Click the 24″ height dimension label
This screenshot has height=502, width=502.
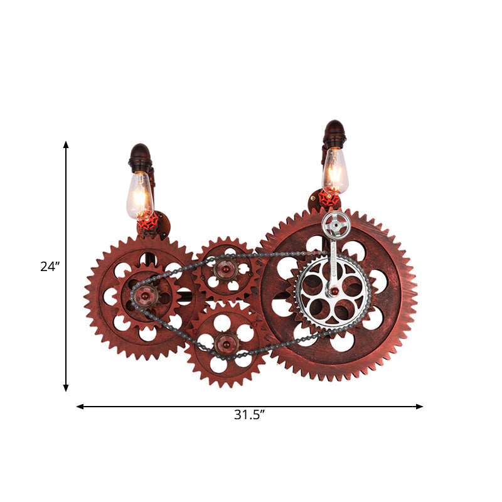pos(50,266)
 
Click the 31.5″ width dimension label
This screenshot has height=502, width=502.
pos(249,415)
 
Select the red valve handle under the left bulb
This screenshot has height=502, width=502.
pos(147,221)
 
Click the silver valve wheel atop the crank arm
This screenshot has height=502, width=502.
pos(336,224)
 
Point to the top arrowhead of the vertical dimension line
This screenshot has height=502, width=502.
pos(66,145)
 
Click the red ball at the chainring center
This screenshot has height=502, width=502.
pos(335,291)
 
